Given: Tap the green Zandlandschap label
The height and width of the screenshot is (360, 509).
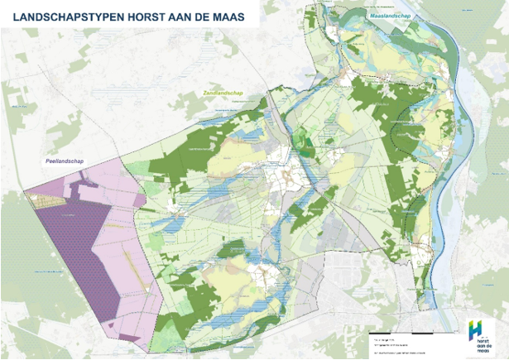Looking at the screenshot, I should point(222,94).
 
